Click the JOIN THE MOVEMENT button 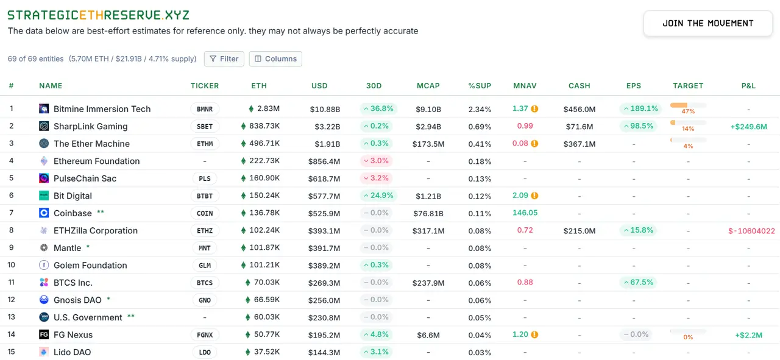(708, 23)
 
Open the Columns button (275, 58)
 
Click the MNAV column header (525, 86)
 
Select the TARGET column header (688, 86)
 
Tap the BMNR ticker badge (205, 109)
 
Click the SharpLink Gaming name (90, 126)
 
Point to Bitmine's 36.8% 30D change (378, 108)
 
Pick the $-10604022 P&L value (751, 231)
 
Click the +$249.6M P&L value (748, 127)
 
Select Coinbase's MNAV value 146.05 (525, 213)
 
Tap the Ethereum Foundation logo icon (44, 161)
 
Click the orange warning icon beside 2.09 (534, 196)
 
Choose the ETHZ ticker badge (205, 231)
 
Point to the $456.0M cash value (579, 110)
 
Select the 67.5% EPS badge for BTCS (638, 282)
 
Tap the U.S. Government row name (88, 317)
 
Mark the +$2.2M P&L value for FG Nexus (748, 335)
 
